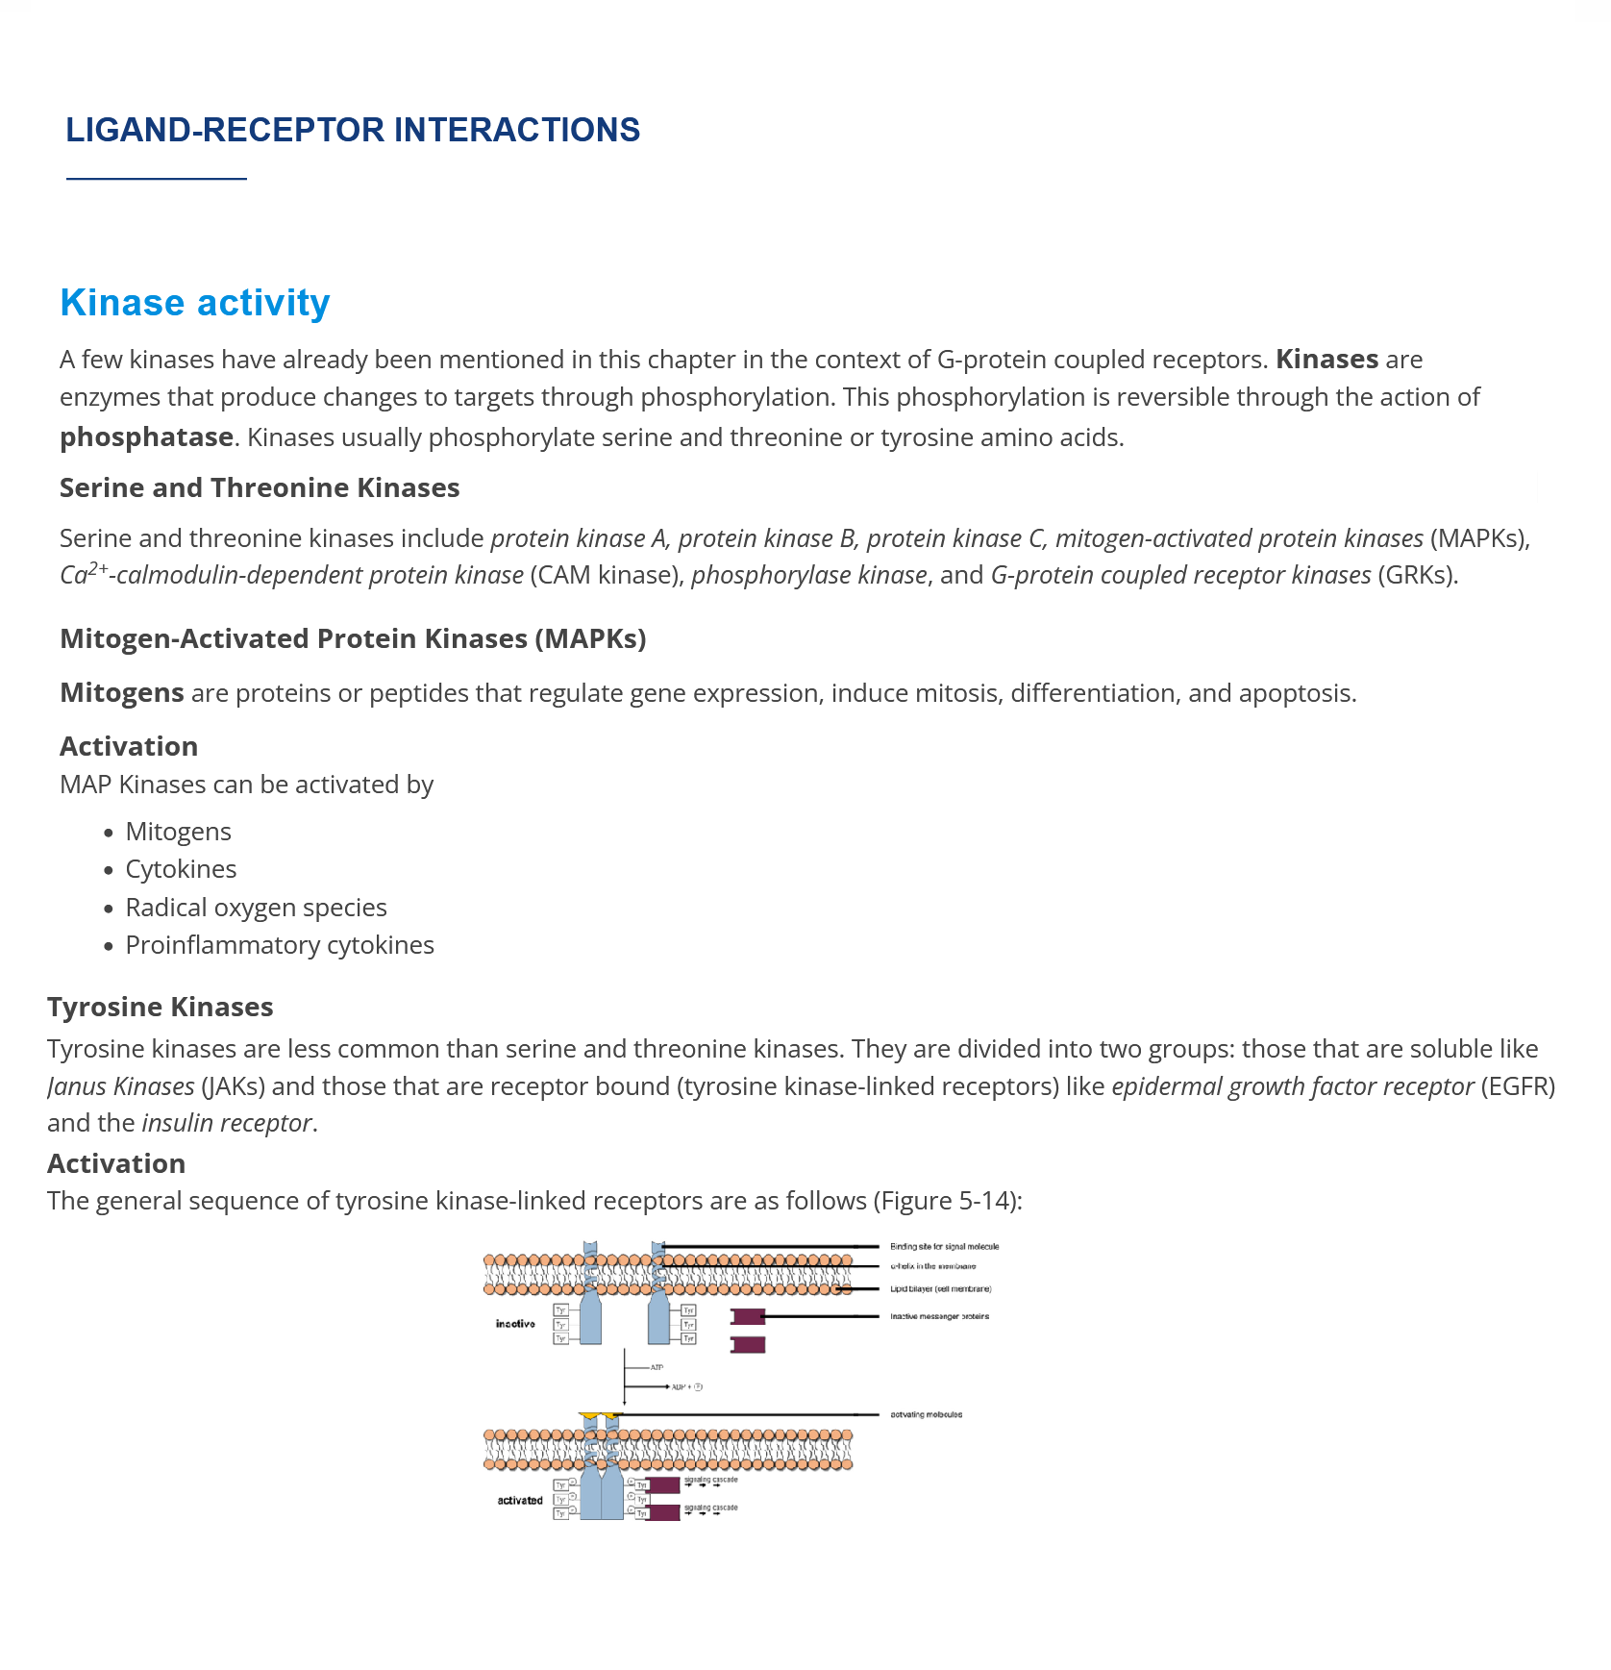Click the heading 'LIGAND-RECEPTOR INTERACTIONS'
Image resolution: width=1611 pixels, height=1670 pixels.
point(352,130)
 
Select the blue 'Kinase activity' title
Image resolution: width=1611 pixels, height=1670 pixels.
point(194,303)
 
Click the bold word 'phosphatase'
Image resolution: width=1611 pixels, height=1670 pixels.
point(146,437)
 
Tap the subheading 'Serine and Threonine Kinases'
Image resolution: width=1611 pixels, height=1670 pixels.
point(260,487)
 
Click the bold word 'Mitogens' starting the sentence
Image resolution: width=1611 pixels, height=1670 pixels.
point(121,693)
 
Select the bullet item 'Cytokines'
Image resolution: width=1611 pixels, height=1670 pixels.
point(181,869)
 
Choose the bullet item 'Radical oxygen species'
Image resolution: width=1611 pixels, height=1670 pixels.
point(256,908)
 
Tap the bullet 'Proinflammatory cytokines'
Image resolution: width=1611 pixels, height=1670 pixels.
point(280,945)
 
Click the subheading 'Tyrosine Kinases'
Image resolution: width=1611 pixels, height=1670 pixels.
point(160,1007)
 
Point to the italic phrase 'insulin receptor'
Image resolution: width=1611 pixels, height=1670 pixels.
point(227,1123)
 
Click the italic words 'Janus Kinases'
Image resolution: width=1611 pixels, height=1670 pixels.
point(121,1086)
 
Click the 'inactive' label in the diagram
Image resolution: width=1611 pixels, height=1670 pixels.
point(515,1324)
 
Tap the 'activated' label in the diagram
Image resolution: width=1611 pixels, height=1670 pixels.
point(519,1500)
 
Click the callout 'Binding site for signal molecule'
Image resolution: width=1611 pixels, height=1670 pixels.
point(944,1246)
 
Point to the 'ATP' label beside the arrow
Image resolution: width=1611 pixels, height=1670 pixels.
point(657,1367)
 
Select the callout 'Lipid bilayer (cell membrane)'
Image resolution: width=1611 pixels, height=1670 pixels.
point(940,1288)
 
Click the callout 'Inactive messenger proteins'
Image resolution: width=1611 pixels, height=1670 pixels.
point(939,1316)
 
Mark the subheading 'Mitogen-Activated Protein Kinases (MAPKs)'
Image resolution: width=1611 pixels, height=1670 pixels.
point(353,638)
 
